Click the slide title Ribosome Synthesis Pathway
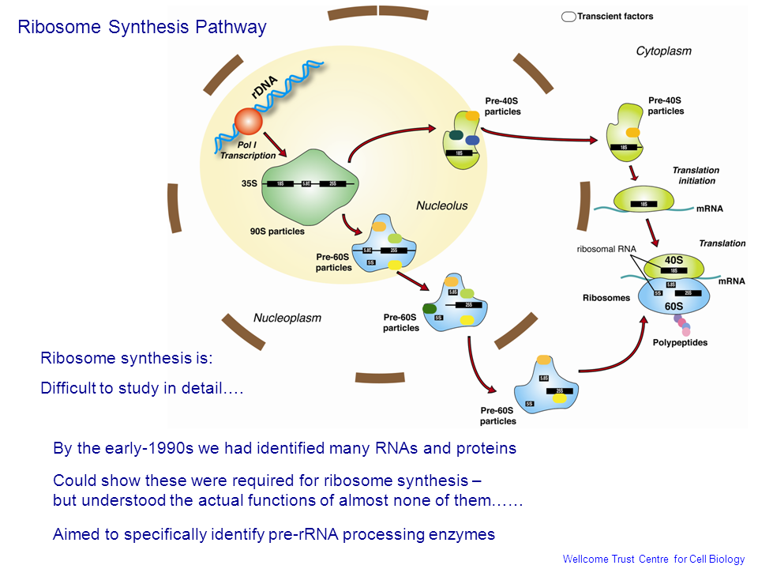pos(142,27)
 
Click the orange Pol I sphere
pos(247,122)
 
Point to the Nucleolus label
pos(441,205)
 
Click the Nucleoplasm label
pos(287,318)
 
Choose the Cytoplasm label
pos(663,51)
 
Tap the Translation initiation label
pos(695,175)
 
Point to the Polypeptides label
pos(680,342)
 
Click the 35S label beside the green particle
pos(250,183)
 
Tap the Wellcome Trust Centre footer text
pos(653,560)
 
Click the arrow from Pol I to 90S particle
pos(275,146)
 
